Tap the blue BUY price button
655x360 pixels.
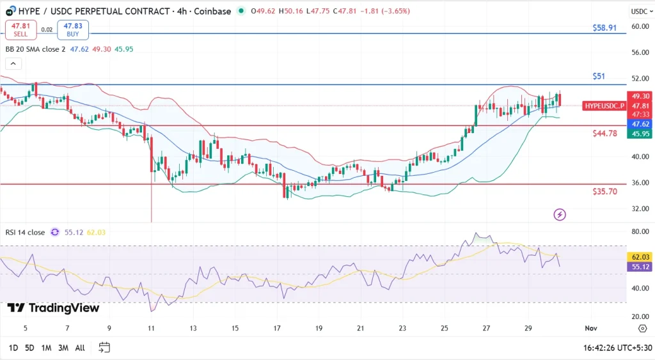73,29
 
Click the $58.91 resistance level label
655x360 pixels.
604,28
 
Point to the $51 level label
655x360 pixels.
598,76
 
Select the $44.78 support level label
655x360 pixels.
604,134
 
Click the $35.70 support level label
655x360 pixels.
604,191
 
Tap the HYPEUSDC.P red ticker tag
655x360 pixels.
603,106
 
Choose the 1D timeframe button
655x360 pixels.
13,348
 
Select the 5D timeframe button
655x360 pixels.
29,348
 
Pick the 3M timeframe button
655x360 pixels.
63,348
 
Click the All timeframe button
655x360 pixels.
80,348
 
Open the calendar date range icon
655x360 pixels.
104,347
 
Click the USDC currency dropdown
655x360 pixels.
641,12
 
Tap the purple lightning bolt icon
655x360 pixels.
560,215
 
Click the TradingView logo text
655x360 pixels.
54,308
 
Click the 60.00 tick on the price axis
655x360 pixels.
640,26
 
